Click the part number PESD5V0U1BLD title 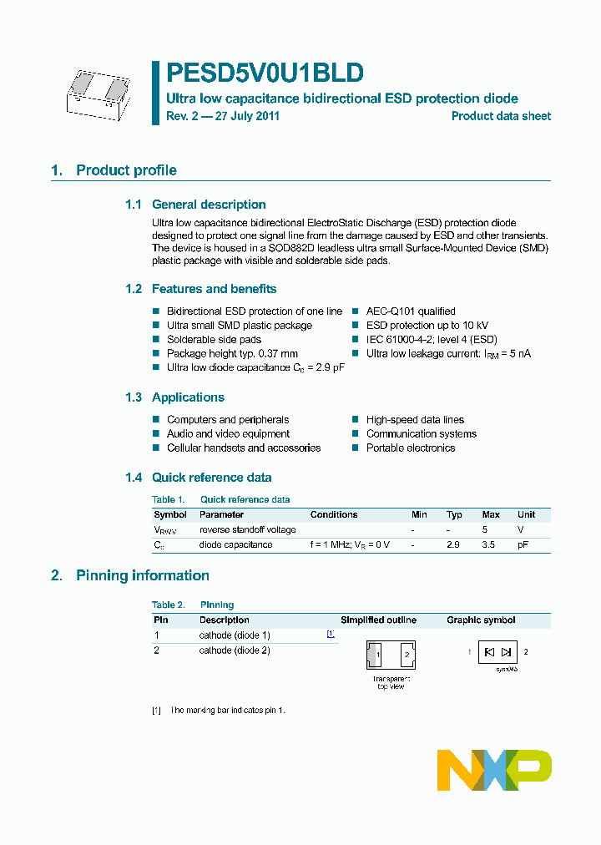pyautogui.click(x=265, y=73)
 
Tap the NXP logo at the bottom pyautogui.click(x=494, y=769)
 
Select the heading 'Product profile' pyautogui.click(x=126, y=170)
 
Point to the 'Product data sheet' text pyautogui.click(x=501, y=116)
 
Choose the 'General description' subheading pyautogui.click(x=209, y=205)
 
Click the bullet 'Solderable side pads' pyautogui.click(x=214, y=340)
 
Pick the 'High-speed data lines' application pyautogui.click(x=415, y=420)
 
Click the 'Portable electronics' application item pyautogui.click(x=410, y=448)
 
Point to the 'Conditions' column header pyautogui.click(x=334, y=514)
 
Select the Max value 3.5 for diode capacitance pyautogui.click(x=490, y=544)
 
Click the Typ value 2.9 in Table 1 pyautogui.click(x=454, y=544)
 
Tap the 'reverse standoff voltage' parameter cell pyautogui.click(x=247, y=529)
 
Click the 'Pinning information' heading pyautogui.click(x=142, y=575)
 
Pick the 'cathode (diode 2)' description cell pyautogui.click(x=235, y=650)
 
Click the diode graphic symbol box pyautogui.click(x=498, y=651)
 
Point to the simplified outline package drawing pyautogui.click(x=391, y=655)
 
